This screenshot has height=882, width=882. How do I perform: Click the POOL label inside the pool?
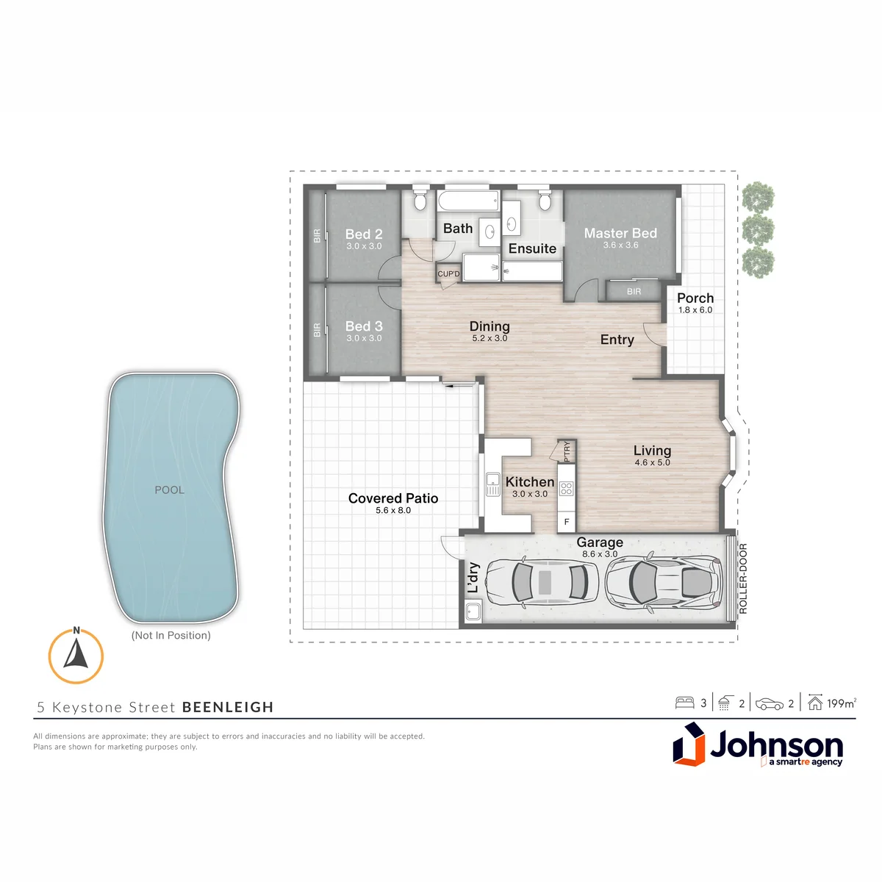(169, 490)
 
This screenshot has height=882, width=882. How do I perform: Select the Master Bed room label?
(620, 233)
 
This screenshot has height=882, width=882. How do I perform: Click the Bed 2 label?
(364, 234)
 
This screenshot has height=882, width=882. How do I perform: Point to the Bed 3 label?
(364, 326)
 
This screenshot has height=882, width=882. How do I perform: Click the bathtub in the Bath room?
(467, 201)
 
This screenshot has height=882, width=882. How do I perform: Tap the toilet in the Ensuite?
(544, 200)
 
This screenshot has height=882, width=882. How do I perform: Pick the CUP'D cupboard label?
(448, 273)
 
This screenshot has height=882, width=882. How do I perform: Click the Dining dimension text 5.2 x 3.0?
(490, 338)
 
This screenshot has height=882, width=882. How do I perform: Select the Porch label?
(695, 298)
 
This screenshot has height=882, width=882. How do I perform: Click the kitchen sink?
(493, 484)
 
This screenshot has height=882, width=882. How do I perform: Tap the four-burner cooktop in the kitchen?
(566, 488)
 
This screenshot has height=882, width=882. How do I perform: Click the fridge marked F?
(567, 522)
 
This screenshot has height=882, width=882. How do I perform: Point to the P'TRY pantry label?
(567, 451)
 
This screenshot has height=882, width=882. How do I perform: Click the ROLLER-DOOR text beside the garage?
(743, 578)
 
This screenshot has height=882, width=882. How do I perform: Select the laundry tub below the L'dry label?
(473, 612)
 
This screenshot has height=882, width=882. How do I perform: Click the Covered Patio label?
(393, 498)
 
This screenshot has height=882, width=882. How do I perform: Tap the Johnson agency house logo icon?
(689, 744)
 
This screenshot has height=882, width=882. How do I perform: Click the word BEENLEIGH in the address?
(228, 707)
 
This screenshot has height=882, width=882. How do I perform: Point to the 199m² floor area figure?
(842, 703)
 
